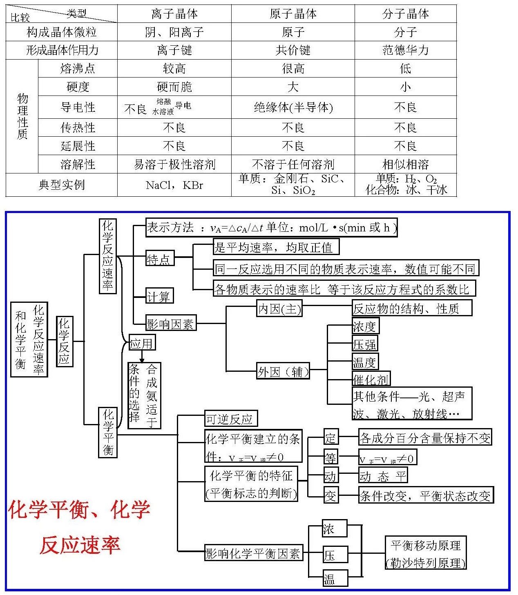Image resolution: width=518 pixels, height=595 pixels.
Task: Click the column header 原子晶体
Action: click(x=293, y=13)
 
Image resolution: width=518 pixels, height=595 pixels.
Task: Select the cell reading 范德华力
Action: click(x=405, y=50)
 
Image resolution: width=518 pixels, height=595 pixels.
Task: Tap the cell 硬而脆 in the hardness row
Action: click(x=174, y=87)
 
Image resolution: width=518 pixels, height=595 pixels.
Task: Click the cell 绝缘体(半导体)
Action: click(x=293, y=107)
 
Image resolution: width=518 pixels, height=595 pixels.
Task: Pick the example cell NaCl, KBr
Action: click(x=174, y=185)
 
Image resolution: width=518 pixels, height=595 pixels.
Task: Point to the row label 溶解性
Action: click(x=78, y=164)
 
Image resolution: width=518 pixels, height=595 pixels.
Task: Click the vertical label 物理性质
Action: click(x=22, y=116)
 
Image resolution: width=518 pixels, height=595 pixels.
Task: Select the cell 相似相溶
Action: click(x=405, y=164)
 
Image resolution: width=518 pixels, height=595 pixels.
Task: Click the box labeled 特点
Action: click(x=160, y=258)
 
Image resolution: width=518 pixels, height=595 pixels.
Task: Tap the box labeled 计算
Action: click(x=159, y=296)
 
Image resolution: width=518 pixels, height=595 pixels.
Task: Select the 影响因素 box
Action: click(x=171, y=322)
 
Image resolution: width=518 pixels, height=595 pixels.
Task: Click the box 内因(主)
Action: click(x=279, y=308)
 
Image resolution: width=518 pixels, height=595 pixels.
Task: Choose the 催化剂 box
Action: click(x=371, y=378)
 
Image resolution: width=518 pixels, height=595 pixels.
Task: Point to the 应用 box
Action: click(x=142, y=342)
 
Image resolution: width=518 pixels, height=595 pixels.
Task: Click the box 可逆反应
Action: click(x=231, y=418)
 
